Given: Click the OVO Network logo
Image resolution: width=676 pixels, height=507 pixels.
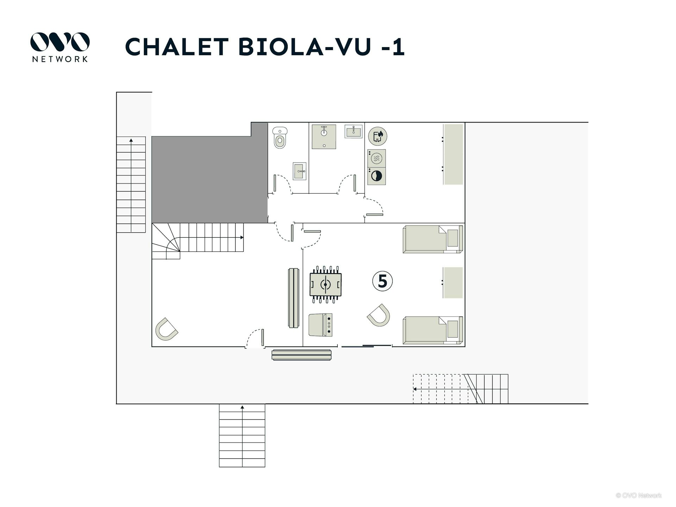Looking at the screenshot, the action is (60, 47).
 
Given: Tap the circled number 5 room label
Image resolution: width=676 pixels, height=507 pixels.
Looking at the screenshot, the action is (382, 281).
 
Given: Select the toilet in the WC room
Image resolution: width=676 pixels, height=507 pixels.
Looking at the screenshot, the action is (280, 138).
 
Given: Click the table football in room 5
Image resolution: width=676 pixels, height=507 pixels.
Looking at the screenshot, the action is (325, 284).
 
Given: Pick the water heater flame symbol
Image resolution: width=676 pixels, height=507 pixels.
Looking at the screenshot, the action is (378, 136).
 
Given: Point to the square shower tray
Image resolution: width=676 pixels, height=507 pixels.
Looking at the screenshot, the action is (324, 137).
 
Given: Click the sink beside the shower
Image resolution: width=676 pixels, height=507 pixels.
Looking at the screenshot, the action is (353, 131).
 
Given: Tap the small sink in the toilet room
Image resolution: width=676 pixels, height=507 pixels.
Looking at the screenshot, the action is (300, 171).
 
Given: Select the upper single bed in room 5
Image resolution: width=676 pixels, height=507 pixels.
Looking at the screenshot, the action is (433, 239).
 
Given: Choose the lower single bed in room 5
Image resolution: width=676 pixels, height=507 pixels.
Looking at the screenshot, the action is (433, 330).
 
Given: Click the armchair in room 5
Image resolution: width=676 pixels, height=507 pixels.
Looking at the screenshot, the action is (379, 315).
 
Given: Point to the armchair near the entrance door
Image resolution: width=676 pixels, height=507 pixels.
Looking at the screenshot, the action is (167, 329).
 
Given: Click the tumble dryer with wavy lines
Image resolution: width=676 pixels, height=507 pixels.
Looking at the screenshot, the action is (376, 158).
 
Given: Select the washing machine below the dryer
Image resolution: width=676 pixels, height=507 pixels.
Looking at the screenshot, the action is (376, 176).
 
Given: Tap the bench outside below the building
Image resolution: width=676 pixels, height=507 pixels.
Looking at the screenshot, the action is (301, 355).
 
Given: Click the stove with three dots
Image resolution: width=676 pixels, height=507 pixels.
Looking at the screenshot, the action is (320, 325).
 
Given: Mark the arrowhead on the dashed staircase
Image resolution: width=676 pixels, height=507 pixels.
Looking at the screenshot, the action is (415, 389).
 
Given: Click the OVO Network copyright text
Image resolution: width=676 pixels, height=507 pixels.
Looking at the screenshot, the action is (639, 495).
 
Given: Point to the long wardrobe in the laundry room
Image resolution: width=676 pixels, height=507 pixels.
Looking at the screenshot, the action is (453, 154).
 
